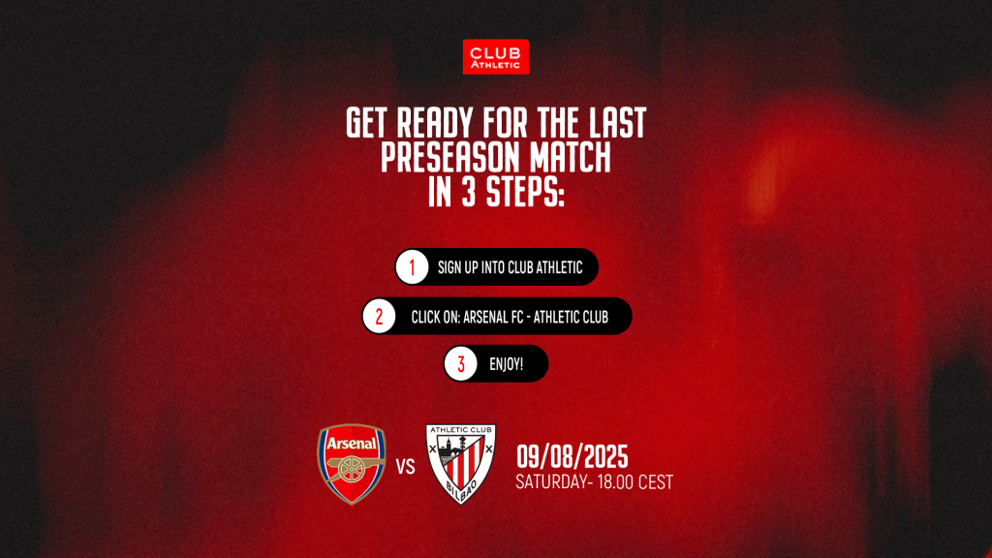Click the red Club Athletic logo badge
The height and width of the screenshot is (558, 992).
(x=495, y=57)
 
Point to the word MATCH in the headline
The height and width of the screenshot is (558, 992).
(x=571, y=158)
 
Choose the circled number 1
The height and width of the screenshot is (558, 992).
(x=412, y=267)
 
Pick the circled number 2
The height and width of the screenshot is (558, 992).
(x=379, y=317)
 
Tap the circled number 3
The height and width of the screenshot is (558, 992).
(x=460, y=364)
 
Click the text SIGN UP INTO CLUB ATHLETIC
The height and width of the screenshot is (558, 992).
(x=510, y=267)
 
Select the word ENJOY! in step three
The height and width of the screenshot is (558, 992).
(x=506, y=364)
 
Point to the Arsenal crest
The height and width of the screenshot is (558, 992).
(x=351, y=464)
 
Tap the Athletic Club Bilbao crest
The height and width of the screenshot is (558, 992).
(x=460, y=464)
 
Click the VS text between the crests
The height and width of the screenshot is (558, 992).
(x=406, y=467)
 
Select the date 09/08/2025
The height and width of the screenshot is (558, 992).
(x=572, y=457)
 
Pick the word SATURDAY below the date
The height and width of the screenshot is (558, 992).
(x=551, y=482)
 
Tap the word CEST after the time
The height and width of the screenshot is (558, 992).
(x=656, y=482)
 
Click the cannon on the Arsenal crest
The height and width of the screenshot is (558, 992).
(x=353, y=469)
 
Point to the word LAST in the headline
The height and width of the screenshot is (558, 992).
(x=617, y=123)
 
